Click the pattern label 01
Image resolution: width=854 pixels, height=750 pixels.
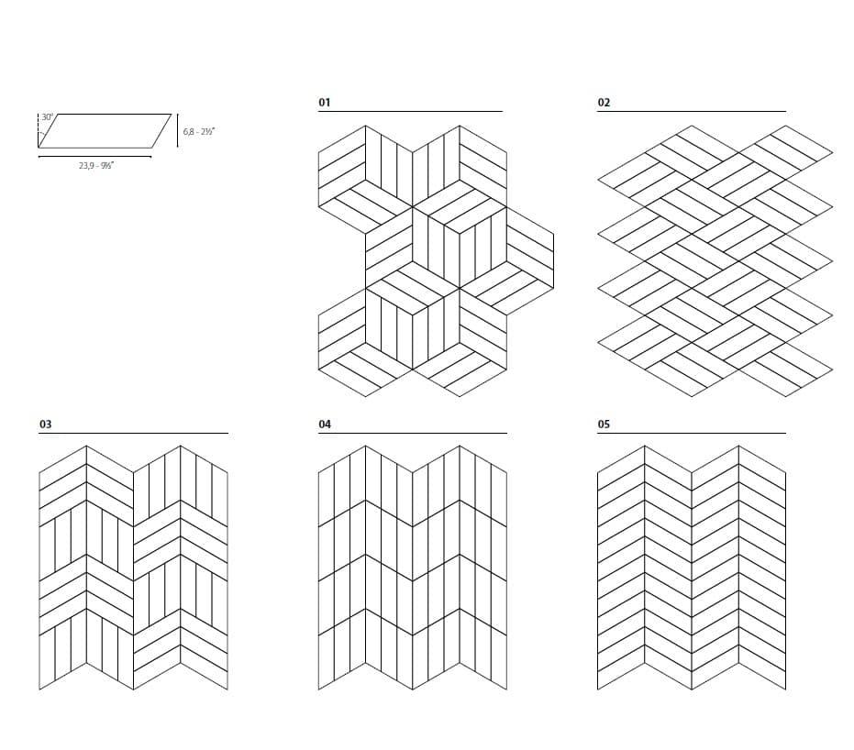tap(325, 103)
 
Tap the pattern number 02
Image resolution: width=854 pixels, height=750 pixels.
tap(604, 103)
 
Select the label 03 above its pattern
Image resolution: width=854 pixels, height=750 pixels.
tap(45, 424)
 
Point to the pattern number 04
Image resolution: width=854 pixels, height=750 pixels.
tap(325, 424)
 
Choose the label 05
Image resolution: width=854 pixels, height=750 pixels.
tap(604, 424)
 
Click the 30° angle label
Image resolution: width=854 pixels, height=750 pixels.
tap(48, 117)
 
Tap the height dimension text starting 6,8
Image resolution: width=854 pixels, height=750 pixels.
tap(199, 131)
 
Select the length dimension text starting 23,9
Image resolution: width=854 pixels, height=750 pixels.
tap(96, 165)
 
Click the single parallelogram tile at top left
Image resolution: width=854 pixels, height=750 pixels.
tap(105, 130)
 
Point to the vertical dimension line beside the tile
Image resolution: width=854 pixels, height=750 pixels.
tap(178, 130)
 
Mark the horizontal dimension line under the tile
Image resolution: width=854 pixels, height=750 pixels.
tap(94, 157)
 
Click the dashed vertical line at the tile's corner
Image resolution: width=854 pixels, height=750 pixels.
tap(39, 130)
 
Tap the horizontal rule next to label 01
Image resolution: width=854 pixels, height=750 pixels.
tap(410, 112)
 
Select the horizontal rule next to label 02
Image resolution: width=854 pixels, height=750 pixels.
tap(692, 112)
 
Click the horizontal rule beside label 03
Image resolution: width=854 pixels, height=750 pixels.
tap(133, 434)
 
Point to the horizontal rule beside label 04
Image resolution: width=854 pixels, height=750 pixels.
tap(413, 434)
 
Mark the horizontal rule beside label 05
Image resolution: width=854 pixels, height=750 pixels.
tap(692, 434)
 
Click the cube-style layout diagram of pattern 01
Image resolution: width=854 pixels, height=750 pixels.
tap(436, 261)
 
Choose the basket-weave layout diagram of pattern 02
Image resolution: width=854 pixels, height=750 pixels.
tap(715, 261)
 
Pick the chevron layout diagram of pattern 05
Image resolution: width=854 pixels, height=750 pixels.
tap(692, 568)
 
